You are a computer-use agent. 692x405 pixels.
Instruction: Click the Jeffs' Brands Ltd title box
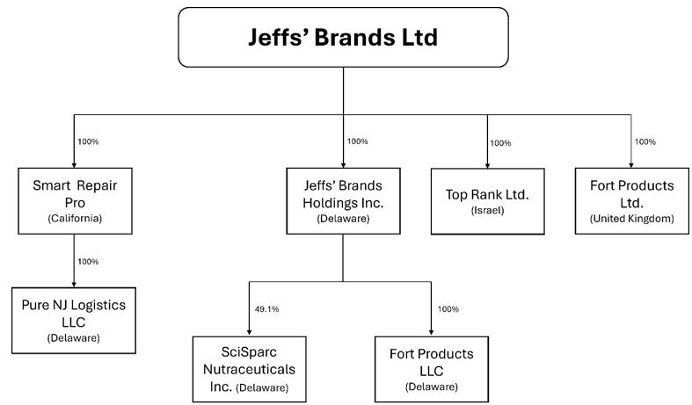pyautogui.click(x=344, y=38)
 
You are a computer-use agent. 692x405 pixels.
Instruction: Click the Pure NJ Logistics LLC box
pyautogui.click(x=73, y=318)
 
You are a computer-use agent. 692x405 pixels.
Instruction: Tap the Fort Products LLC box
pyautogui.click(x=431, y=367)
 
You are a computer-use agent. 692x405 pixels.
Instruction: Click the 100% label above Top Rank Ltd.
pyautogui.click(x=500, y=143)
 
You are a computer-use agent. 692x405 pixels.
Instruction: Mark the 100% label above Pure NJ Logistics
pyautogui.click(x=88, y=262)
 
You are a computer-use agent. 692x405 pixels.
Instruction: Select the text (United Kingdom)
pyautogui.click(x=631, y=218)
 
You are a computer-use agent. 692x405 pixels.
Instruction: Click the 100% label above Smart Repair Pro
pyautogui.click(x=88, y=141)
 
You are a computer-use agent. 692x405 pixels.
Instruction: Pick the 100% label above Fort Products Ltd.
pyautogui.click(x=645, y=141)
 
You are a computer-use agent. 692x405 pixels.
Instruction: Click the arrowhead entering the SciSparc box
pyautogui.click(x=250, y=330)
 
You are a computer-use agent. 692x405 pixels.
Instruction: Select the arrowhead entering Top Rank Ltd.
pyautogui.click(x=487, y=165)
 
